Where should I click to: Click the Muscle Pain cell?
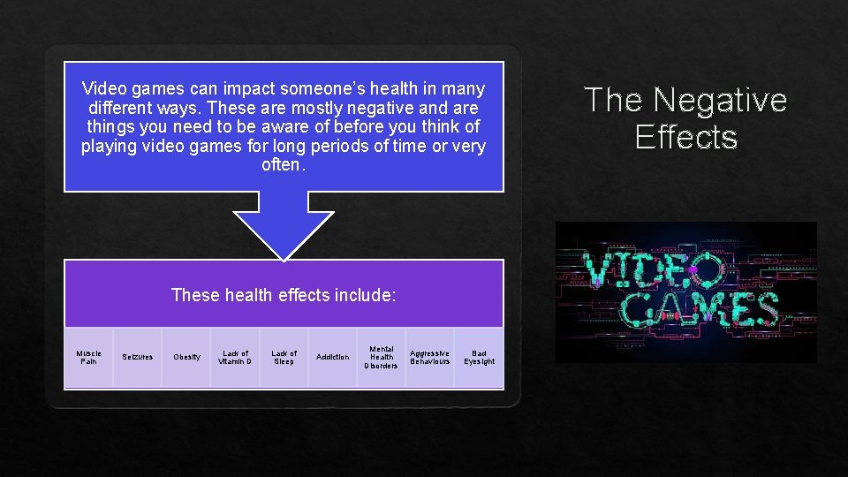pyautogui.click(x=89, y=357)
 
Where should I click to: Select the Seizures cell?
pyautogui.click(x=137, y=357)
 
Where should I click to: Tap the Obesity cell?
pyautogui.click(x=186, y=357)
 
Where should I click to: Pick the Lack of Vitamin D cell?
pyautogui.click(x=235, y=357)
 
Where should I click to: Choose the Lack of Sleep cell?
pyautogui.click(x=284, y=357)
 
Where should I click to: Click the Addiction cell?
pyautogui.click(x=333, y=357)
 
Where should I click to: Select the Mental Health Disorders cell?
pyautogui.click(x=382, y=357)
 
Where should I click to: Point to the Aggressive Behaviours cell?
pyautogui.click(x=430, y=357)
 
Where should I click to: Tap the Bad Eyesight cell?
pyautogui.click(x=479, y=357)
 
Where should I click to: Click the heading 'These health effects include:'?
pyautogui.click(x=284, y=295)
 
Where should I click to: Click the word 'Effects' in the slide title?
pyautogui.click(x=685, y=138)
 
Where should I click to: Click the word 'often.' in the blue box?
pyautogui.click(x=284, y=165)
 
